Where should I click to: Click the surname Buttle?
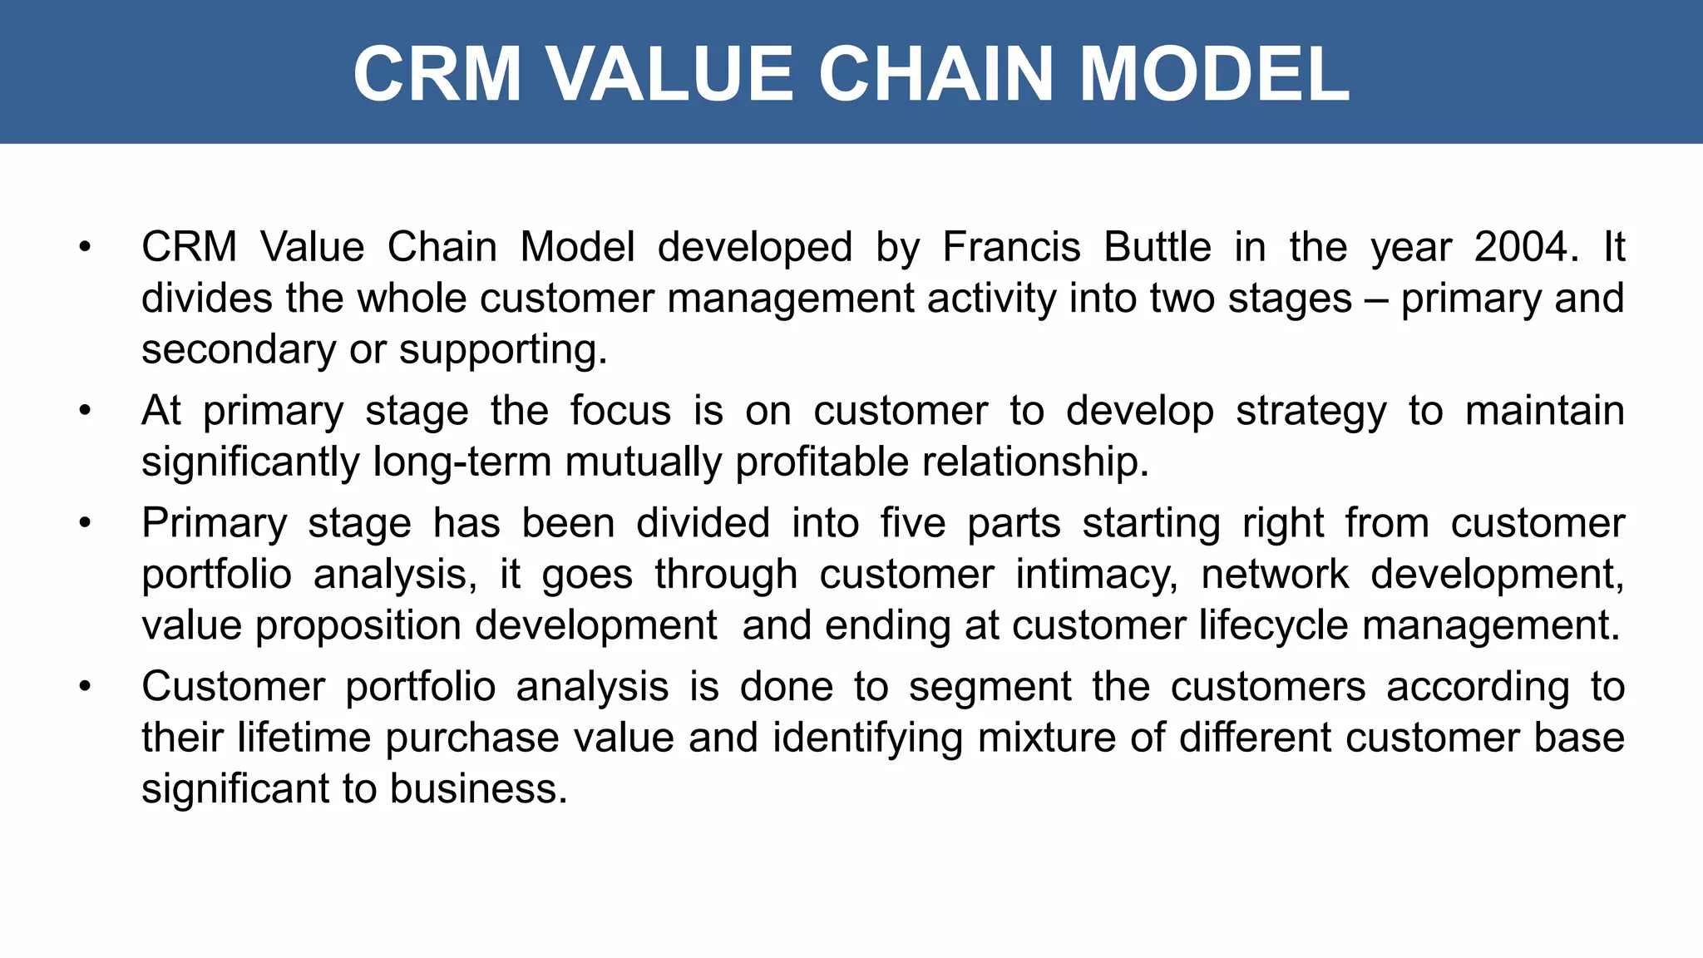pos(1158,247)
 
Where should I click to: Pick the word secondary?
pos(238,349)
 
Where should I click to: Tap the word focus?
pos(620,411)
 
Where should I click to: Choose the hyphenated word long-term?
pos(462,462)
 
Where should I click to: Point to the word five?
pos(913,524)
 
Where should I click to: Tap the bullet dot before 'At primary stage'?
pos(84,411)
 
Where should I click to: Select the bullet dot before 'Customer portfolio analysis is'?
pos(84,687)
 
